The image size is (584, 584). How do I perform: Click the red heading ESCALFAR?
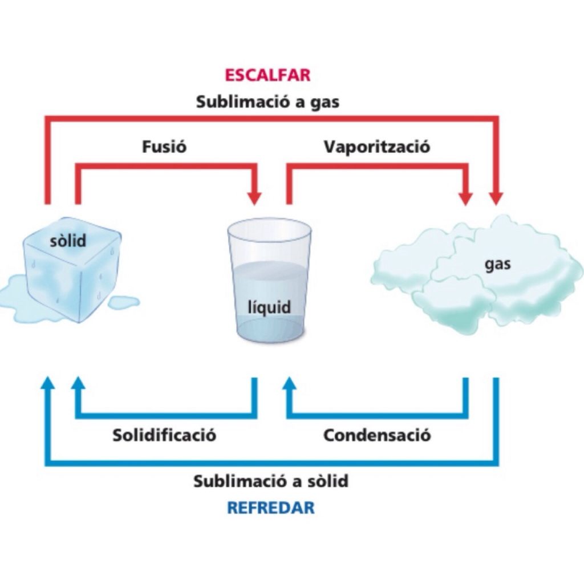click(x=267, y=76)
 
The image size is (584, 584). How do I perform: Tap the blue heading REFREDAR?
click(x=270, y=508)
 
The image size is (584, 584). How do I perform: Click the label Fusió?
click(x=164, y=147)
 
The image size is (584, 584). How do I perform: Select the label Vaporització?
click(x=377, y=147)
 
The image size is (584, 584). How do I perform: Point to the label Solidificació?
click(x=164, y=436)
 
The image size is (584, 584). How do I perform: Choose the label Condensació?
click(x=377, y=436)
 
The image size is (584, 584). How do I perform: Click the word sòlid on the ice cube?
click(x=68, y=241)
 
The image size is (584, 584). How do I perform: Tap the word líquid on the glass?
click(x=269, y=308)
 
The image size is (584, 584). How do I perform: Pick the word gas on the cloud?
click(x=498, y=265)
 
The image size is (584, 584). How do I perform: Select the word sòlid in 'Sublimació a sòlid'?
click(x=325, y=481)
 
